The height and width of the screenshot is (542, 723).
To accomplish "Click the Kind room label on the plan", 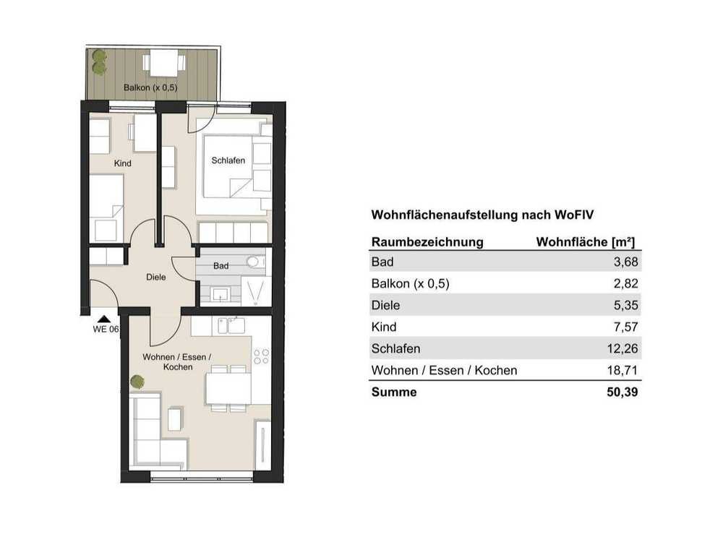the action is pos(123,163).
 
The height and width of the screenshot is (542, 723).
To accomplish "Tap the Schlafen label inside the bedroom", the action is pos(228,160).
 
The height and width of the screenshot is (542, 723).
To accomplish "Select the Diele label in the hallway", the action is pos(156,277).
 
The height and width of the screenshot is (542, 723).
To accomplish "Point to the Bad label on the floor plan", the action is pos(221,266).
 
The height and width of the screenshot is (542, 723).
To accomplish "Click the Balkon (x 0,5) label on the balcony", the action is pos(150,87).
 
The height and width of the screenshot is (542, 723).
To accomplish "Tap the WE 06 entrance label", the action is pos(106,329).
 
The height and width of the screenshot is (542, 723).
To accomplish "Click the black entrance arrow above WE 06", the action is pos(104,319).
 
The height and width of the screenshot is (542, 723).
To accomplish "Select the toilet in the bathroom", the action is pos(255,262).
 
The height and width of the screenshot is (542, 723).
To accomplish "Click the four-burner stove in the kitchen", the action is pos(261,356).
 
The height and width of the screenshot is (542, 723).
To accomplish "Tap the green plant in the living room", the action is pos(137,382).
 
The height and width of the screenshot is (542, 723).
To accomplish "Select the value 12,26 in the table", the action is pos(623,348).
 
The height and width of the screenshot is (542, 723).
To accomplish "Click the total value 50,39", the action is pos(623,392).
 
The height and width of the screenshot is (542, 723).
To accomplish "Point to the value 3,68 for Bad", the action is pos(625,262).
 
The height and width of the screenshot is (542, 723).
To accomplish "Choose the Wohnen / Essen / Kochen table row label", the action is pos(444,370).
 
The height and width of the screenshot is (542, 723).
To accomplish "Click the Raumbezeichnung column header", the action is pos(427,242).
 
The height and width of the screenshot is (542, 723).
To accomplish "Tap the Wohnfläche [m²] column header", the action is pos(586,242).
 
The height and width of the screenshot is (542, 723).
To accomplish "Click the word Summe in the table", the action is pos(394,392).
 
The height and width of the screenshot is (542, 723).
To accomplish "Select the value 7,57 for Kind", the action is pos(625,327).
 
